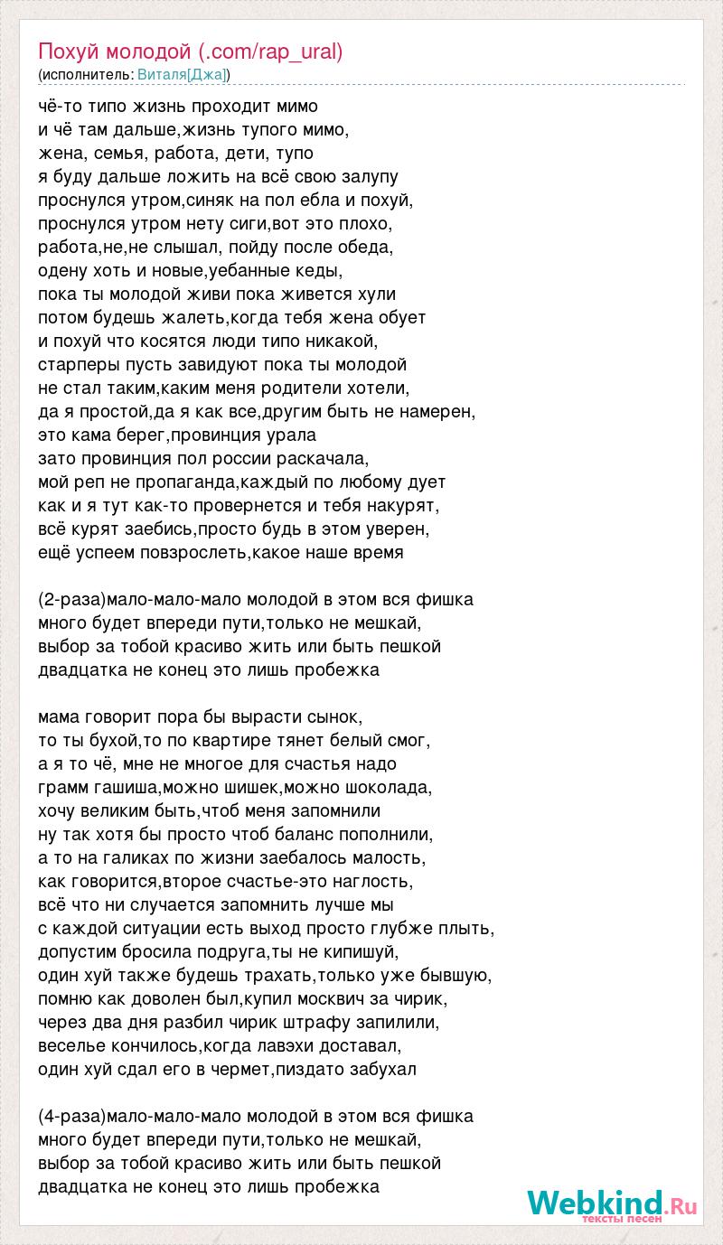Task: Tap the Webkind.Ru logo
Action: pyautogui.click(x=612, y=1203)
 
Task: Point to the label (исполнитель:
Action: pyautogui.click(x=86, y=74)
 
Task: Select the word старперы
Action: pyautogui.click(x=77, y=364)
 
